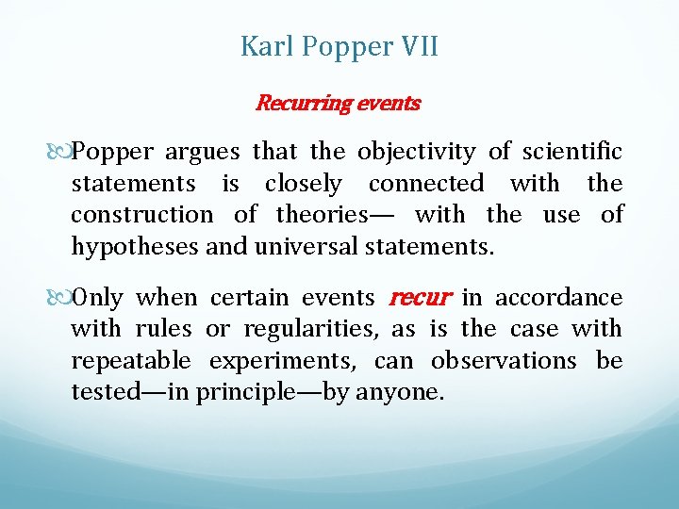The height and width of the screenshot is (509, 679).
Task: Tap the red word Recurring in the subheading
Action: point(302,103)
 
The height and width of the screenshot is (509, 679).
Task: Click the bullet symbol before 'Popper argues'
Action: point(62,151)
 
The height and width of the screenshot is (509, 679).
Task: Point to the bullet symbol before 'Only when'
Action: point(62,298)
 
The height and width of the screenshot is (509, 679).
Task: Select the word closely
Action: point(303,183)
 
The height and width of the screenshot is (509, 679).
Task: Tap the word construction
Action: point(142,215)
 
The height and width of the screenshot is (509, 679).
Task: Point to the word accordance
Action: point(558,298)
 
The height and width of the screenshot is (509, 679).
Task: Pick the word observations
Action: point(504,361)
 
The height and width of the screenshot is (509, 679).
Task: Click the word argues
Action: point(207,151)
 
